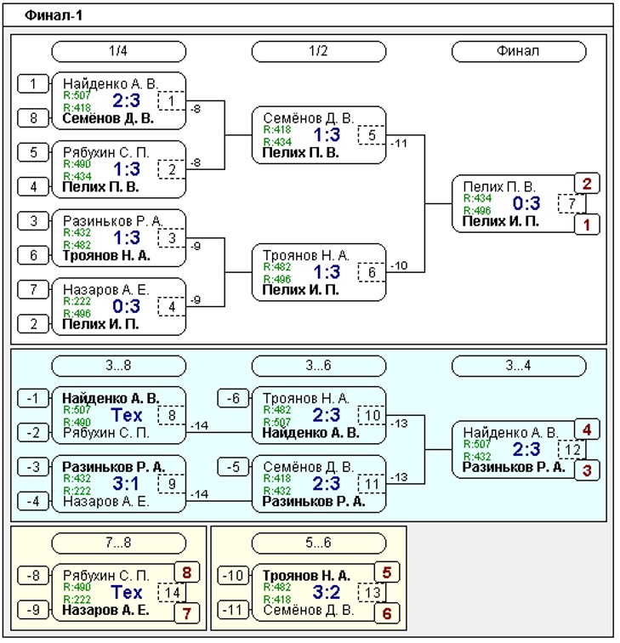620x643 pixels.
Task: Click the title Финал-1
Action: (54, 15)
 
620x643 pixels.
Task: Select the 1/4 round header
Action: (118, 51)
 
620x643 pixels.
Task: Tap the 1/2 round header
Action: (319, 51)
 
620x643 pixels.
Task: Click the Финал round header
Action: (519, 51)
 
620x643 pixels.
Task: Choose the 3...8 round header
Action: (118, 366)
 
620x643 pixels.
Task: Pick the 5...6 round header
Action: (319, 543)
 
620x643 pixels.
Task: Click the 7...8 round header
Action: (118, 543)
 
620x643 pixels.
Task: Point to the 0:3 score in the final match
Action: (526, 203)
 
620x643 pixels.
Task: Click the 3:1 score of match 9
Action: (126, 484)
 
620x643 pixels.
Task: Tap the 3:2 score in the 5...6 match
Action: (327, 593)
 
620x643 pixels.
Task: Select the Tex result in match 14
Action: (126, 593)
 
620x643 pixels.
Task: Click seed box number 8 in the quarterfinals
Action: (33, 118)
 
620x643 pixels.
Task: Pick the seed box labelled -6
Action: (233, 398)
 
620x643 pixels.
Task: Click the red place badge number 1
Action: (587, 225)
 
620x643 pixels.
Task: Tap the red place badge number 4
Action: (587, 430)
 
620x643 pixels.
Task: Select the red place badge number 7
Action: (187, 613)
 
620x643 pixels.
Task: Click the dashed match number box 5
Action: (372, 135)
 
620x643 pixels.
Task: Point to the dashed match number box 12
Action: (572, 450)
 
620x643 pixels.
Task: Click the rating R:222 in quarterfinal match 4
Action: (77, 301)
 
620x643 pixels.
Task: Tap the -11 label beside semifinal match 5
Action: (399, 144)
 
